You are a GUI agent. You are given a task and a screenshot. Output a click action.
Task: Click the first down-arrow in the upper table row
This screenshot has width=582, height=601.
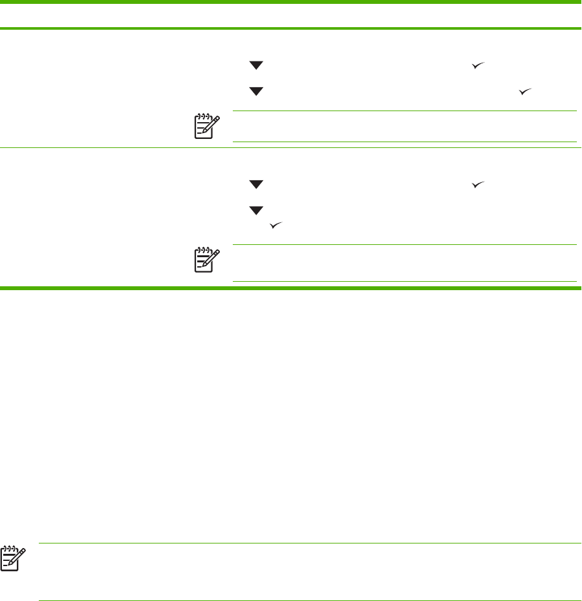tap(257, 66)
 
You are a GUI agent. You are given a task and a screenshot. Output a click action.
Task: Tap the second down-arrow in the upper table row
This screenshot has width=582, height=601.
tap(257, 91)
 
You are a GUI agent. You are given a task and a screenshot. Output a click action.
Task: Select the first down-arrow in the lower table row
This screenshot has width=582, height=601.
tap(257, 185)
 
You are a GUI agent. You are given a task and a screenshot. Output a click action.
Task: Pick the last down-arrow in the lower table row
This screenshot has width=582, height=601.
tap(257, 211)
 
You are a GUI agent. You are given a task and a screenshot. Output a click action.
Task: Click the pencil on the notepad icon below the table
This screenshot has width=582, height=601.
tap(15, 554)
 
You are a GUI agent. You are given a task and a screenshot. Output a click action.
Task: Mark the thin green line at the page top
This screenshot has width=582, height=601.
tap(291, 2)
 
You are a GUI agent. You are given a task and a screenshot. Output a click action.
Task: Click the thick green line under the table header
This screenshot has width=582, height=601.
tap(291, 28)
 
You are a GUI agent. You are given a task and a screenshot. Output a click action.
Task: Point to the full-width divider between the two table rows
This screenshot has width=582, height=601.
tap(291, 147)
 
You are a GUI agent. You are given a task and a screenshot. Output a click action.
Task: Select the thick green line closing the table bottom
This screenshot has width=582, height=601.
tap(291, 286)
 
